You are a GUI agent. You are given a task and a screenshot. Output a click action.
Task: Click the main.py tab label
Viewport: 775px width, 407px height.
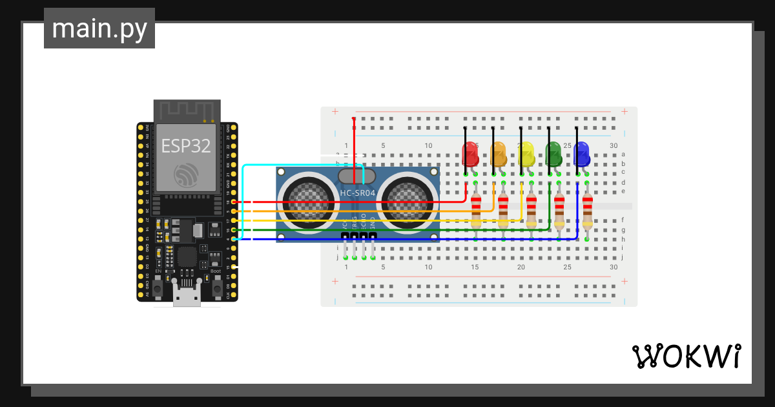point(99,29)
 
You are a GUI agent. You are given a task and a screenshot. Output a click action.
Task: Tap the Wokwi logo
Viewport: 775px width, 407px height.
point(685,357)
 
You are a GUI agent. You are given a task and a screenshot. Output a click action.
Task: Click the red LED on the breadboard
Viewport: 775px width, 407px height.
point(470,154)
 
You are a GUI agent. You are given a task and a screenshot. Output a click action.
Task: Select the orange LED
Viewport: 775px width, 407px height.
point(498,154)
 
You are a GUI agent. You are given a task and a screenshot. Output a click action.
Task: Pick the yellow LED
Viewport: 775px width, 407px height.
point(526,154)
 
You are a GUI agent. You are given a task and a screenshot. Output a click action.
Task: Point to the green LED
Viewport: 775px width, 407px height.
point(554,154)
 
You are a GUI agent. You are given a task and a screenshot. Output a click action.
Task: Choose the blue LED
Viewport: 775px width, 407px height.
point(582,154)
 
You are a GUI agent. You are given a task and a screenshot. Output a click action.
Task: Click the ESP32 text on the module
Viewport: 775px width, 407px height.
point(186,145)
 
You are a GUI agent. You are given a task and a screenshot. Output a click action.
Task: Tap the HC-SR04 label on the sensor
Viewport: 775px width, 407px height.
point(357,193)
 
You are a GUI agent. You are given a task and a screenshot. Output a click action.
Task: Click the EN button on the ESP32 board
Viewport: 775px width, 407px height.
point(159,285)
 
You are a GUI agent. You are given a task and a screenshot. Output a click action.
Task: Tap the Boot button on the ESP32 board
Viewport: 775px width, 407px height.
point(216,285)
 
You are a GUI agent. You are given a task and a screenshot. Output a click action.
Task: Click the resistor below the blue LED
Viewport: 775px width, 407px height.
point(587,211)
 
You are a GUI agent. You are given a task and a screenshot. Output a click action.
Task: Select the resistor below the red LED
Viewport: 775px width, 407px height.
point(476,211)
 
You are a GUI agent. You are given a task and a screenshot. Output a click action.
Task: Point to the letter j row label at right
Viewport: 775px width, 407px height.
point(623,257)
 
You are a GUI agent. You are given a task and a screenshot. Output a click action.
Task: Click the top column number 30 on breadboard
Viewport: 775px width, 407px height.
point(614,145)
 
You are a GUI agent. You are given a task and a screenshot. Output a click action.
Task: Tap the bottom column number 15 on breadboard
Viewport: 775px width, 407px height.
point(475,267)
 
